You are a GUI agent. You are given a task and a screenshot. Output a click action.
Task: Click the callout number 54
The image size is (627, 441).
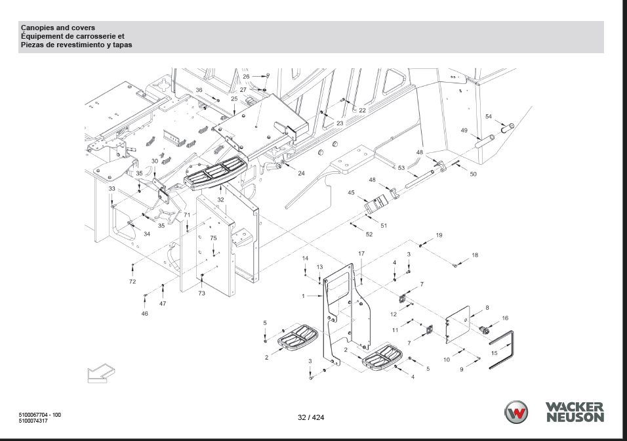tap(488, 116)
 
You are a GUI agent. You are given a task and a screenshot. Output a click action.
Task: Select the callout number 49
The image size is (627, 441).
tap(464, 131)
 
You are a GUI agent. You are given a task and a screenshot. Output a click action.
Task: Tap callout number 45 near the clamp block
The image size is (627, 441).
tap(351, 193)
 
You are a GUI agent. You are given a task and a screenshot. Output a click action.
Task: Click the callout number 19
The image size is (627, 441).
tap(439, 236)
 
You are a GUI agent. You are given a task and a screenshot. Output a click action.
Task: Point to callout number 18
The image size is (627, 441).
tap(475, 255)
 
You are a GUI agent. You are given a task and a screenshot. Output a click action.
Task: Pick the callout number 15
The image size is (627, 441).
tap(495, 353)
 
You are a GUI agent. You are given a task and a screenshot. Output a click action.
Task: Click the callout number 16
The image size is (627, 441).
tap(505, 318)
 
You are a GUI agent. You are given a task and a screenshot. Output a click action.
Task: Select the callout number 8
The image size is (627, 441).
tap(487, 308)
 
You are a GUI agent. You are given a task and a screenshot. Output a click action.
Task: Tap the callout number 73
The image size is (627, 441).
tap(201, 293)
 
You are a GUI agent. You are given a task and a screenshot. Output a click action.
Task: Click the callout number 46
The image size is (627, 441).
tap(145, 314)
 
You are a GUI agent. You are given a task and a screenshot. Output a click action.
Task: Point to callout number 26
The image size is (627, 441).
tap(246, 76)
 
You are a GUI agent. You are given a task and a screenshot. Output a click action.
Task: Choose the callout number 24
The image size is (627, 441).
tap(301, 173)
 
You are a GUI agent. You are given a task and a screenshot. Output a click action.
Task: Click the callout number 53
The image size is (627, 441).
tap(401, 168)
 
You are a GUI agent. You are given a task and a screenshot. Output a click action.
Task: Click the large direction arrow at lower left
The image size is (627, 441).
tap(100, 373)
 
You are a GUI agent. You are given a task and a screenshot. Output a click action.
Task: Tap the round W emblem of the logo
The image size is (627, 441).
tap(516, 411)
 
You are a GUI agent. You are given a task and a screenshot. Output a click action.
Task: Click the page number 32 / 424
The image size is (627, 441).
tap(311, 417)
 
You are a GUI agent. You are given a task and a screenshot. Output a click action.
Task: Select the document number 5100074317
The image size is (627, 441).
tap(33, 421)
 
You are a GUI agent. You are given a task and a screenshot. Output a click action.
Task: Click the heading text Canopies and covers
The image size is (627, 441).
tap(58, 28)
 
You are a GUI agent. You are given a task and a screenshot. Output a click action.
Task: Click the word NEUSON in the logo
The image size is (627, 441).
tap(575, 417)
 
